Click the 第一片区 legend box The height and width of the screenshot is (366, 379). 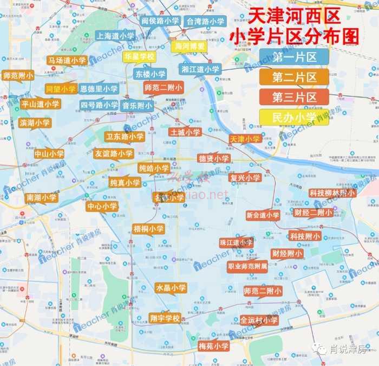coord(294,57)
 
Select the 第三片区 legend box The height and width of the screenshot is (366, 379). coord(294,97)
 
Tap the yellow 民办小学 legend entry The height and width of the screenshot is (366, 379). coord(294,117)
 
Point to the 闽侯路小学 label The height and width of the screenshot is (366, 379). coord(160,21)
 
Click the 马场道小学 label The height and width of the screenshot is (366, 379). coord(67,60)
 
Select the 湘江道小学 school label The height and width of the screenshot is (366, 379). coord(200,69)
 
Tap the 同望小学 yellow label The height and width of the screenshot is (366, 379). coord(61,88)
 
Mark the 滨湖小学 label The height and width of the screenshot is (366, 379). coord(34,123)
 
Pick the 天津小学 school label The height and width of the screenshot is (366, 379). coord(245,139)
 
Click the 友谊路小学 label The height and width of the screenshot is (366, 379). coord(113,153)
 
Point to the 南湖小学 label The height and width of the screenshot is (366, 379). coord(41,197)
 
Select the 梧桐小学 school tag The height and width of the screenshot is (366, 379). coord(148,229)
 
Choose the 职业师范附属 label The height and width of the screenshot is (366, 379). coord(247,266)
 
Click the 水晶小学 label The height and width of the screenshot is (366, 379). coord(171,288)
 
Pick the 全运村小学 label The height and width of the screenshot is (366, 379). coord(259,320)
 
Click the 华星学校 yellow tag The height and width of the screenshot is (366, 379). coord(139,56)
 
